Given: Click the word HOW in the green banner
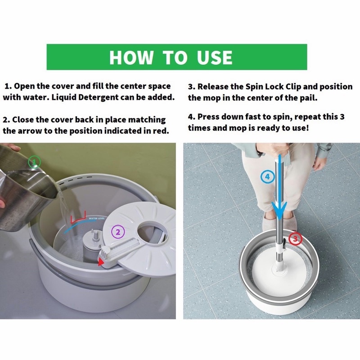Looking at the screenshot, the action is (x=131, y=57).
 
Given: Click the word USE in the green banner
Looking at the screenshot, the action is (x=215, y=57).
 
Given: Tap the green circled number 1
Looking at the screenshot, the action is (x=35, y=162).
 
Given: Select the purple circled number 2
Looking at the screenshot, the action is (x=118, y=232).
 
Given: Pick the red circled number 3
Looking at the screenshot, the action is (x=295, y=239).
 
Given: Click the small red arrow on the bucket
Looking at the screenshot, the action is (x=101, y=262).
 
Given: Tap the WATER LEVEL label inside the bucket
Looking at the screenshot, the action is (x=97, y=218).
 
